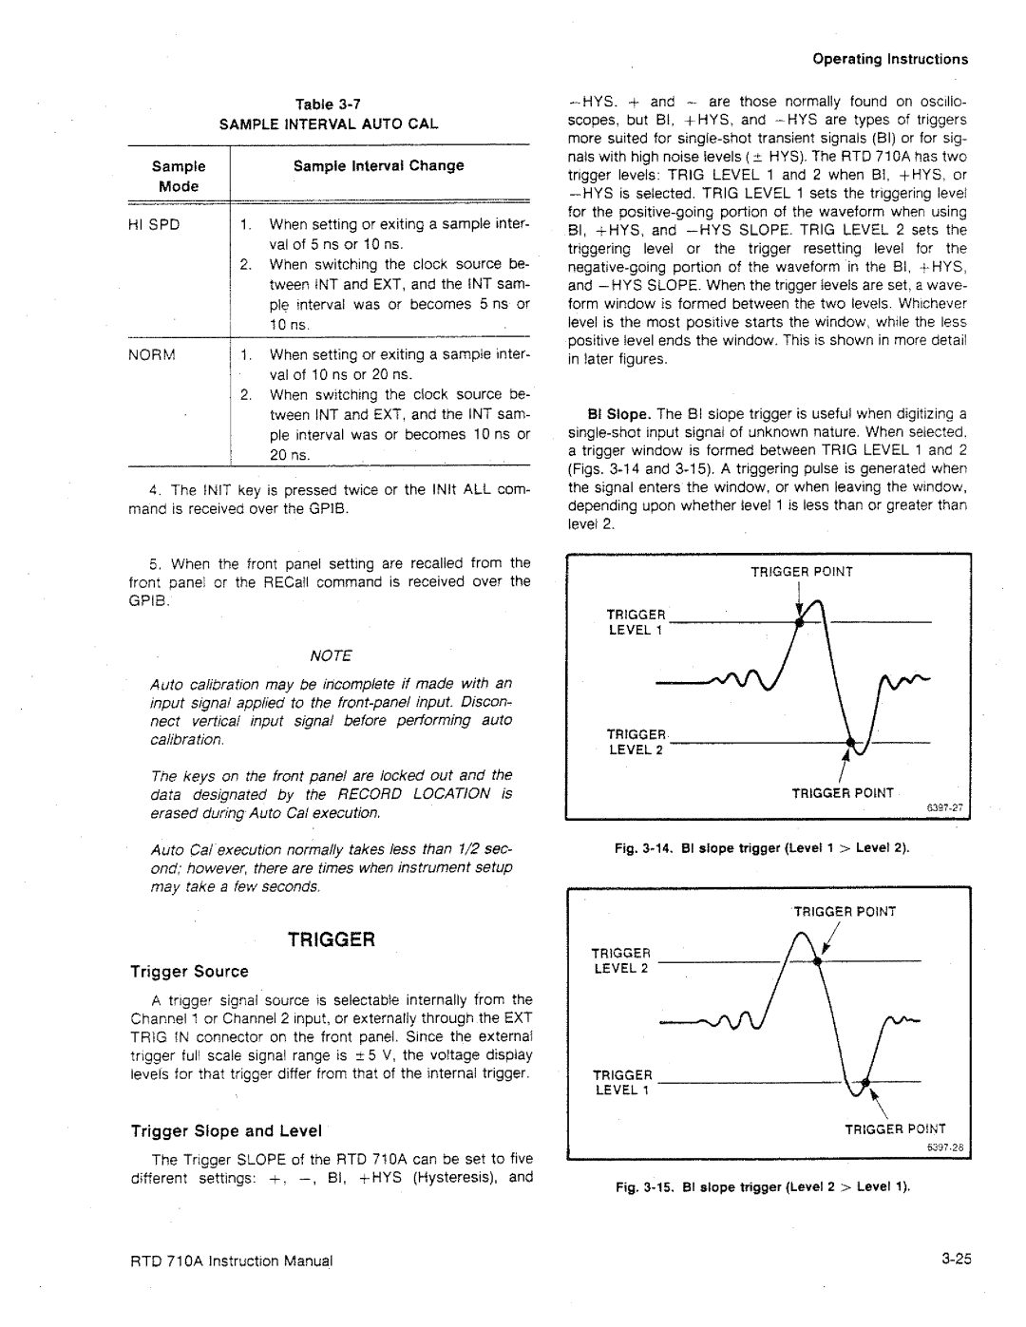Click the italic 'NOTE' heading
331,655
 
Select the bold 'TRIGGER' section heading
330,939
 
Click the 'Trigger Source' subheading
189,972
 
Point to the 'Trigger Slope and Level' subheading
226,1130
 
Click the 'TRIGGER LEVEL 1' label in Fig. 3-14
628,621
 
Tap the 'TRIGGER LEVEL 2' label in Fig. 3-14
628,743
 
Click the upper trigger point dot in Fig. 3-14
800,621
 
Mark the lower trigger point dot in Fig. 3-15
864,1082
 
